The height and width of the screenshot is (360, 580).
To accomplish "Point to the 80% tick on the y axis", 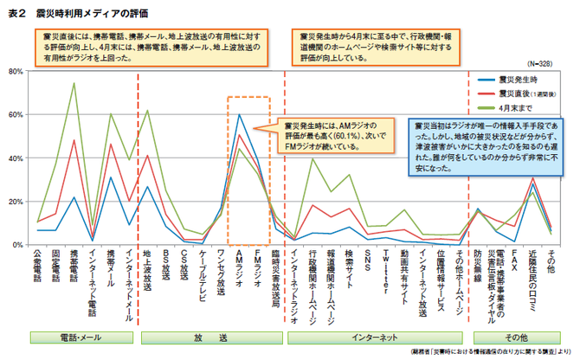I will coord(16,72).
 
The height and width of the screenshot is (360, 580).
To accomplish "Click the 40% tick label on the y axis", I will coord(16,158).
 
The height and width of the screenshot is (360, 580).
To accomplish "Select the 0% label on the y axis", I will coord(18,245).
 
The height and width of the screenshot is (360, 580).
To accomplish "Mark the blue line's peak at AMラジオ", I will coord(239,114).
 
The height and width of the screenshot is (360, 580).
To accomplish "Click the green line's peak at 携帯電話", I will coord(74,84).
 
